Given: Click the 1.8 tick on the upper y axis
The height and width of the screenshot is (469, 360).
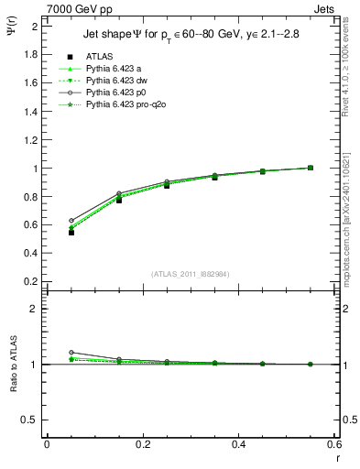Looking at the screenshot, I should pos(29,54).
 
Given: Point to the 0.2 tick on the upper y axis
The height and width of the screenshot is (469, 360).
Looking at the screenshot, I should pos(29,281).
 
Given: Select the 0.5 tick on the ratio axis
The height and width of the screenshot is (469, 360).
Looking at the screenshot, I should pos(29,420).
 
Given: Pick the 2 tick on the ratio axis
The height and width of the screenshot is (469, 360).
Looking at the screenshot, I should pos(34,309).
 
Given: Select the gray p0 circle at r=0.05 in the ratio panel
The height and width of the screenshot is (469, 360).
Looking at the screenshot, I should pos(71,353).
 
